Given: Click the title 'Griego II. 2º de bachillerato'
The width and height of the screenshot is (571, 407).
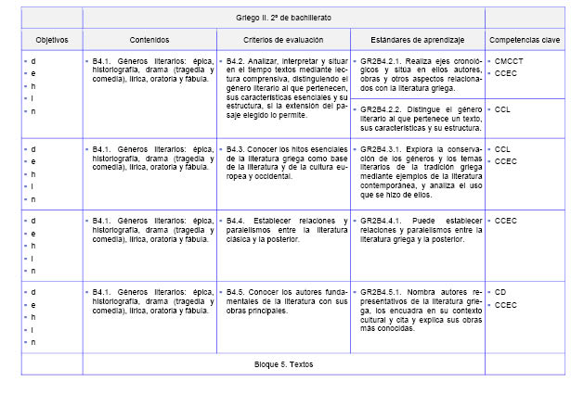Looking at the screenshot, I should click(283, 17).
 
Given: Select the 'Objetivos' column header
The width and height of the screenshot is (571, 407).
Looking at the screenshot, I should click(52, 40).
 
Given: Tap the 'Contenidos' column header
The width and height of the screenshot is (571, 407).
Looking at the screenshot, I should click(149, 40).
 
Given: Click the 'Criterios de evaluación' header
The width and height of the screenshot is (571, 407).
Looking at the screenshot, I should click(284, 40).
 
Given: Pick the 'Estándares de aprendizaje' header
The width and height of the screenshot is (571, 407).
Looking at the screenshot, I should click(417, 40).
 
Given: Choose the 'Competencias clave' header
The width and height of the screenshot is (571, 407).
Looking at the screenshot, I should click(525, 40).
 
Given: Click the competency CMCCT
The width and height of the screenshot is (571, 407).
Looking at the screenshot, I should click(509, 61).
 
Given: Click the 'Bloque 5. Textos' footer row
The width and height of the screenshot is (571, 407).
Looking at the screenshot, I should click(283, 363).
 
